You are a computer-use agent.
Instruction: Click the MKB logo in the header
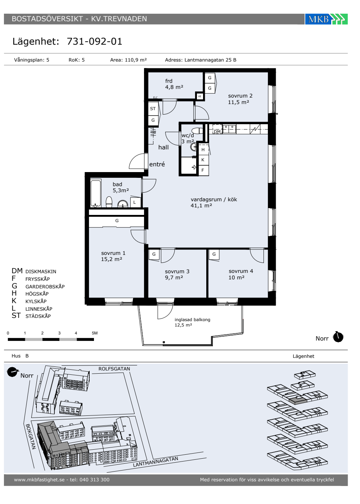pos(326,19)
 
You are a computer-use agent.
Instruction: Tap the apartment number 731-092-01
pos(94,41)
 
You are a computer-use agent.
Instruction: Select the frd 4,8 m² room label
pos(174,84)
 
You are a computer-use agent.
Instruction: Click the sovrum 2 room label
pos(240,96)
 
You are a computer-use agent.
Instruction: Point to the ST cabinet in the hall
pos(153,109)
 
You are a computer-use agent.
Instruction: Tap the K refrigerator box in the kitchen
pos(203,160)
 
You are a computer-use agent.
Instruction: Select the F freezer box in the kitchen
pos(203,170)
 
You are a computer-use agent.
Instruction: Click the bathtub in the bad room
pos(96,193)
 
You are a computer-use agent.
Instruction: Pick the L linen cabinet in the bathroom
pos(135,202)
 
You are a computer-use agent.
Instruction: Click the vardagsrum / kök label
pos(214,199)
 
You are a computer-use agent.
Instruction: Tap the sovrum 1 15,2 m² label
pos(113,256)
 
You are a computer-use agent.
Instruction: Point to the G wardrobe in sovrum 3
pos(154,254)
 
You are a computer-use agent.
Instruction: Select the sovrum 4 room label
pos(241,271)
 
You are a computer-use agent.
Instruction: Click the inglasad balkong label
pos(192,320)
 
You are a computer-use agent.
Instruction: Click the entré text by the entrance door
pos(157,164)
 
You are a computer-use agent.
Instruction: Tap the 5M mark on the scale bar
pos(95,333)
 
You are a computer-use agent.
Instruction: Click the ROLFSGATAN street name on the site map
pos(114,369)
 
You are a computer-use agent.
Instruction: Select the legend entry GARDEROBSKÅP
pos(45,287)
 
